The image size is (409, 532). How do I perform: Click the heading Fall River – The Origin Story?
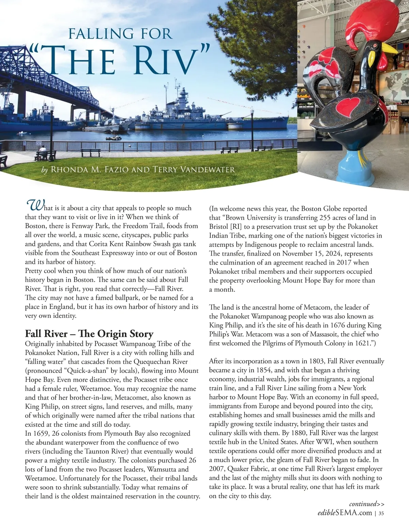coord(89,334)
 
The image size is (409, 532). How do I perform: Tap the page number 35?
coord(381,513)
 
